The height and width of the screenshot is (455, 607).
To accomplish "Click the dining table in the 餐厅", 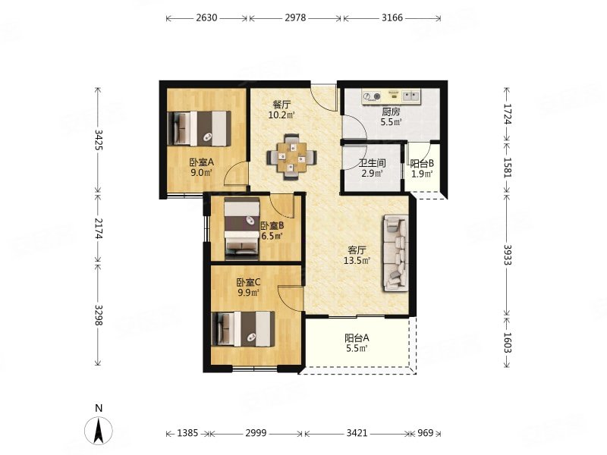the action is pyautogui.click(x=291, y=157).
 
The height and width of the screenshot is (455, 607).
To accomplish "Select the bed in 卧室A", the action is pyautogui.click(x=199, y=128).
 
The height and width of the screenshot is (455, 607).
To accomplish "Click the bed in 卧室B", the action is pyautogui.click(x=242, y=228).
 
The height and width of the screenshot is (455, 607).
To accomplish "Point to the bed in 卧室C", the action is pyautogui.click(x=244, y=329).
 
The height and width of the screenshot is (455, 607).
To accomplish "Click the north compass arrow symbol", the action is pyautogui.click(x=99, y=430).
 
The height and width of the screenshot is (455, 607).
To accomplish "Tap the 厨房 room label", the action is pyautogui.click(x=391, y=112).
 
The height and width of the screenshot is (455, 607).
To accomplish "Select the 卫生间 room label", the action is pyautogui.click(x=372, y=164).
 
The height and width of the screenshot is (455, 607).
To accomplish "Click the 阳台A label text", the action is pyautogui.click(x=357, y=337).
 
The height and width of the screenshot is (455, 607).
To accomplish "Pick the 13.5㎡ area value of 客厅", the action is pyautogui.click(x=357, y=260).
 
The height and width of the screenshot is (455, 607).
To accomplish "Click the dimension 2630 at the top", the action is pyautogui.click(x=206, y=17).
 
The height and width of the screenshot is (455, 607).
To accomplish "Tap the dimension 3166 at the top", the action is pyautogui.click(x=392, y=17).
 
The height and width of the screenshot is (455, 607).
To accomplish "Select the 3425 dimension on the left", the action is pyautogui.click(x=99, y=140).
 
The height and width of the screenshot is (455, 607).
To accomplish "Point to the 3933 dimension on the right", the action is pyautogui.click(x=508, y=254).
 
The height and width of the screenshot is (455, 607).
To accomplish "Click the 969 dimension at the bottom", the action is pyautogui.click(x=425, y=433).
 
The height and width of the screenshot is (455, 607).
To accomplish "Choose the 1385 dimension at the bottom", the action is pyautogui.click(x=187, y=433).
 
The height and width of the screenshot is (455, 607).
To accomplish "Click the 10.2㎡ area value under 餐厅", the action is pyautogui.click(x=281, y=115).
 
